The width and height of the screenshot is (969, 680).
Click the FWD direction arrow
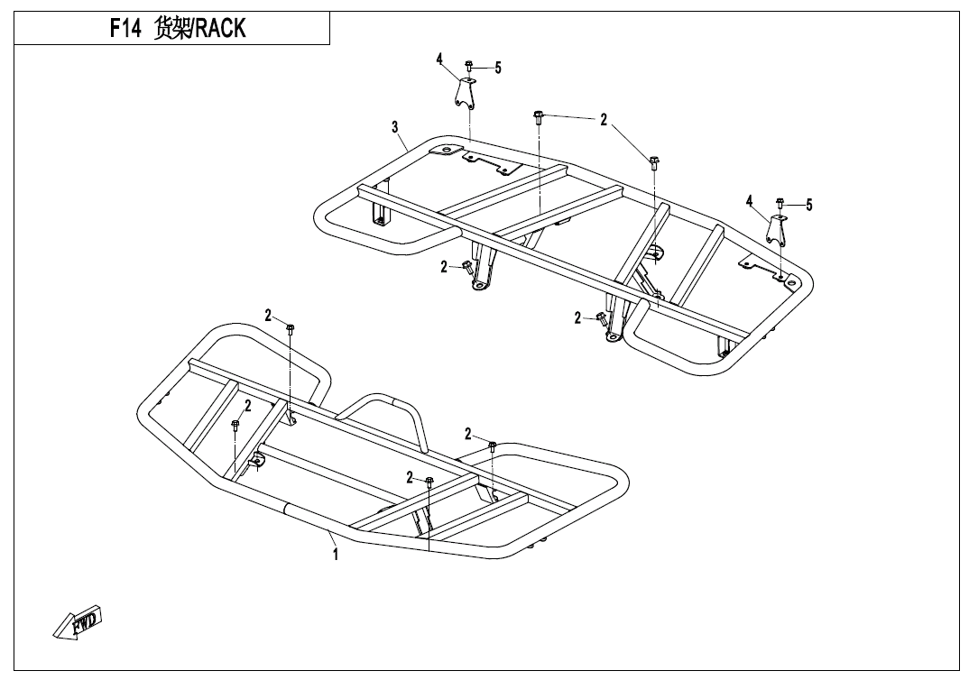coord(77,621)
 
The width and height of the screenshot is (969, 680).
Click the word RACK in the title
coord(221,29)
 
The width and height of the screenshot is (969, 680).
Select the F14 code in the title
coord(125,29)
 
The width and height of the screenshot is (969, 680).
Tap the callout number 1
coord(336,554)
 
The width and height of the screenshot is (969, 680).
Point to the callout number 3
coord(395,128)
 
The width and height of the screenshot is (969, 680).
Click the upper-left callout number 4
coord(439,60)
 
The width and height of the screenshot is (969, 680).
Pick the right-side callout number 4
coord(750,201)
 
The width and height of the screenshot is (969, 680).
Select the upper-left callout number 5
coord(498,68)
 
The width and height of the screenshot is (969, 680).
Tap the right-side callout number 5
coord(809,205)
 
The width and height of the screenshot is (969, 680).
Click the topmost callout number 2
coord(604,120)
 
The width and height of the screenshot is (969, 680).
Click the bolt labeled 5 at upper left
coord(468,65)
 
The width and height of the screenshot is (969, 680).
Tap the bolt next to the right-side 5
coord(780,203)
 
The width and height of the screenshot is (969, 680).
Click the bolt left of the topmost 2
coord(538,118)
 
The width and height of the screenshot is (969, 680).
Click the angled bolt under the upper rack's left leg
coord(466,268)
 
